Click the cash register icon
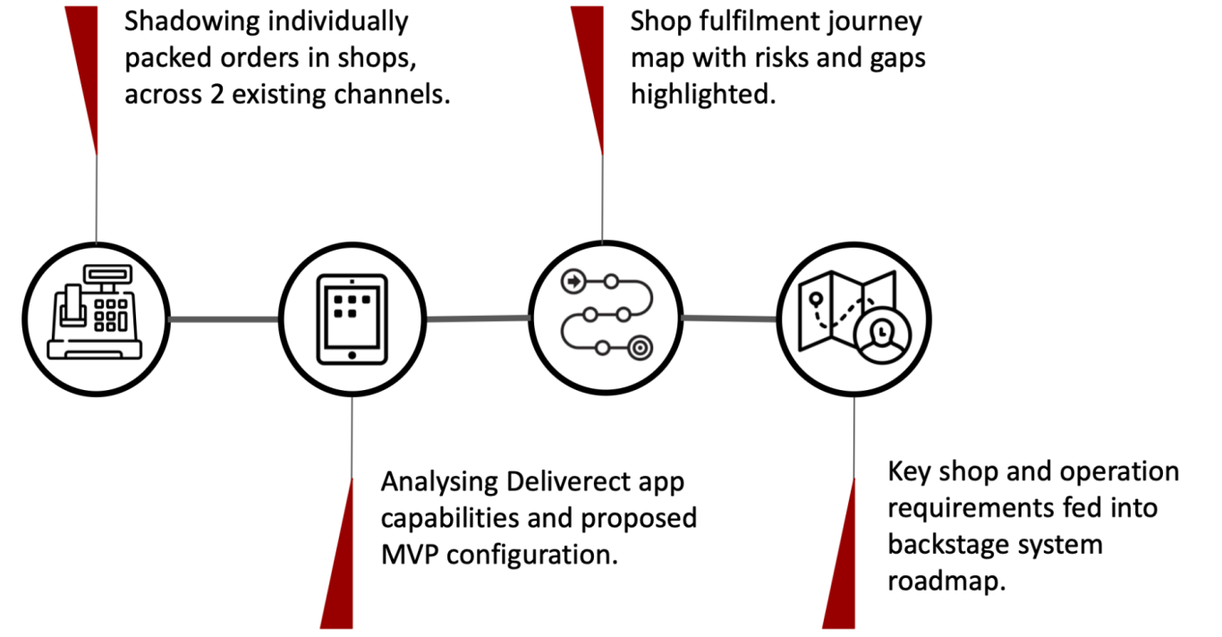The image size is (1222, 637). point(95,312)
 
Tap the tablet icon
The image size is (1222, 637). point(352,319)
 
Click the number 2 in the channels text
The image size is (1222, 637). point(217,94)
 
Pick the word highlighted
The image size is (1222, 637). point(703,95)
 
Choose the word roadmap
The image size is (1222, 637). point(946,581)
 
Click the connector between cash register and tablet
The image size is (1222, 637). point(224,319)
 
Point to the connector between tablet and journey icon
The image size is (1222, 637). point(478,318)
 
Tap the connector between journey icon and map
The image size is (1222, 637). point(730,318)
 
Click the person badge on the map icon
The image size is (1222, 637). point(882,336)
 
